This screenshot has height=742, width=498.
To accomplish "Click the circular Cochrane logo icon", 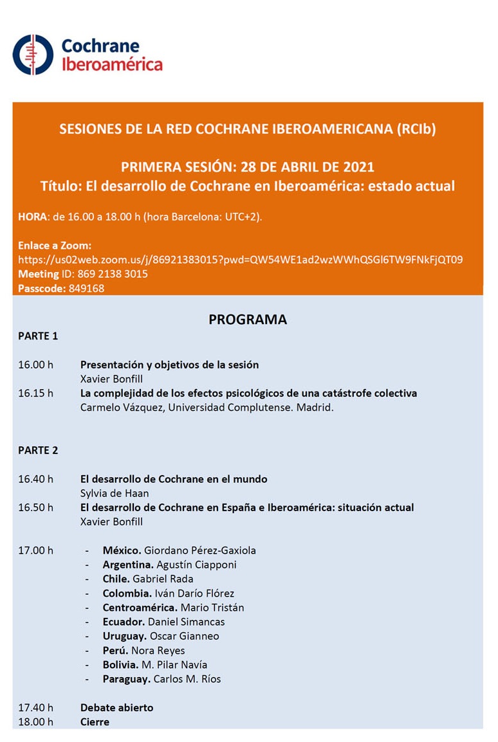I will [x=33, y=55].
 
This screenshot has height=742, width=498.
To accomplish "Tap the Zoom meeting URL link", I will [x=241, y=260].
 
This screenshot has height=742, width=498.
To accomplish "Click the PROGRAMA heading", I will [x=248, y=320].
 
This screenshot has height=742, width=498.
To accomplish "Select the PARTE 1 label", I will [x=38, y=336].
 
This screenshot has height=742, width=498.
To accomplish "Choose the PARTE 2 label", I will [x=38, y=450].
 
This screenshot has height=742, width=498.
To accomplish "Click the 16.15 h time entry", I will [x=35, y=393].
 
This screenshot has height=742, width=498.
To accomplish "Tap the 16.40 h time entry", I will [x=35, y=479].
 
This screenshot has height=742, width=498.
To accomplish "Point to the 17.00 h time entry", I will [x=35, y=550].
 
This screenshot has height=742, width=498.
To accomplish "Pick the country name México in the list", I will [x=122, y=550].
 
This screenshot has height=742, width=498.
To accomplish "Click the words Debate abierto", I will [x=116, y=707].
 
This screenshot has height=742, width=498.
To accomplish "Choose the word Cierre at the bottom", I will [x=95, y=721].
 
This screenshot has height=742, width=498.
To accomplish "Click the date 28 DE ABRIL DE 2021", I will [x=307, y=167].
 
